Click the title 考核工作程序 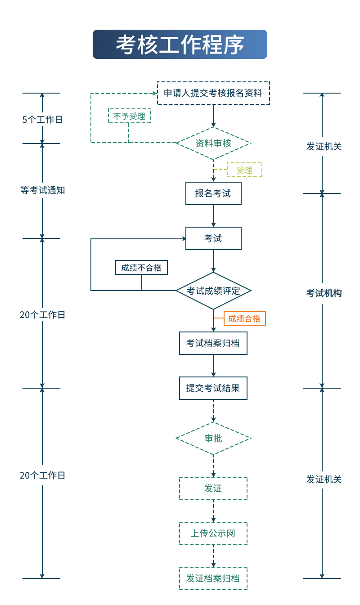click(180, 45)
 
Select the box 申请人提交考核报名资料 click(213, 93)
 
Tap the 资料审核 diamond click(213, 143)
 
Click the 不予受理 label click(129, 116)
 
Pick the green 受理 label click(244, 170)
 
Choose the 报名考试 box click(213, 193)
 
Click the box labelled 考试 click(213, 238)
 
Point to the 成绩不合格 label click(141, 268)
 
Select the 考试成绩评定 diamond click(213, 291)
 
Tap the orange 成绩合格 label click(244, 318)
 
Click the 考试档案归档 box click(213, 343)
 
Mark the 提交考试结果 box click(213, 388)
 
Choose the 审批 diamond click(213, 438)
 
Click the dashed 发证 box click(213, 488)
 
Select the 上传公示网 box click(213, 533)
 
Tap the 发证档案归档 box click(213, 578)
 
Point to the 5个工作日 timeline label click(42, 120)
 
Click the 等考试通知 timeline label click(42, 190)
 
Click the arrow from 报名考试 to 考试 click(213, 216)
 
